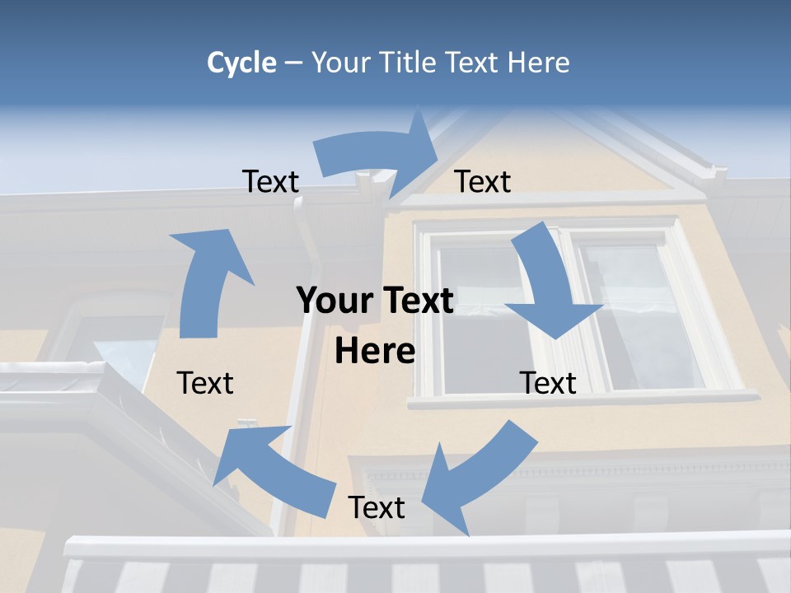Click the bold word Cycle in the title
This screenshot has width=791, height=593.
point(241,63)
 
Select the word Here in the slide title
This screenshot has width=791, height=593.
point(538,63)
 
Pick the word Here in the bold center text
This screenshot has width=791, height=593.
point(375,352)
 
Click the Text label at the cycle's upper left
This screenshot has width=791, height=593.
point(270,181)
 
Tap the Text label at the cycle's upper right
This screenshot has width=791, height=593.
point(483,181)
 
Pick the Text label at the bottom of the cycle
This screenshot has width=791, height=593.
point(377,507)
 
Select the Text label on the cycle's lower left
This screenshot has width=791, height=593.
point(205,383)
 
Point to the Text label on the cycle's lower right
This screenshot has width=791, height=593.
point(548,383)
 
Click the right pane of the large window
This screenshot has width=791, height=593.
point(639,313)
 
